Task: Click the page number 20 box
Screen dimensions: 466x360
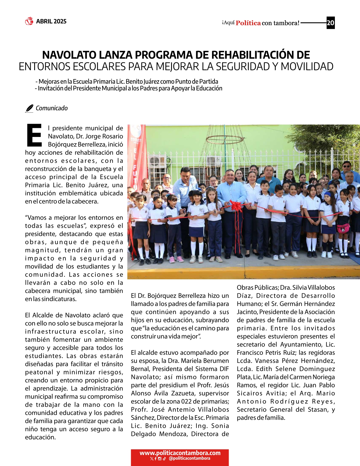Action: tap(330, 23)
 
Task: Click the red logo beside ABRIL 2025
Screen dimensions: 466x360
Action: tap(29, 21)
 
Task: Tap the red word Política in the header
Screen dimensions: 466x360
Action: tap(248, 23)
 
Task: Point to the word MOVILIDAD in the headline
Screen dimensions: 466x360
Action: tap(307, 67)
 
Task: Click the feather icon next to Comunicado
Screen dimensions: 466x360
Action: tap(29, 108)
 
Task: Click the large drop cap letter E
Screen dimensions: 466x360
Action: tap(34, 135)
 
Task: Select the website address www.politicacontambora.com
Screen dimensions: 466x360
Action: tap(180, 453)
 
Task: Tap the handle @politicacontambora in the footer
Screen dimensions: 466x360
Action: tap(189, 458)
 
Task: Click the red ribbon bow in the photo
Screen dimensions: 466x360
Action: tap(236, 206)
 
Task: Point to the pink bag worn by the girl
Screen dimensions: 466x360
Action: tap(343, 228)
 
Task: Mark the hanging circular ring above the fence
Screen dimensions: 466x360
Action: tap(225, 139)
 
